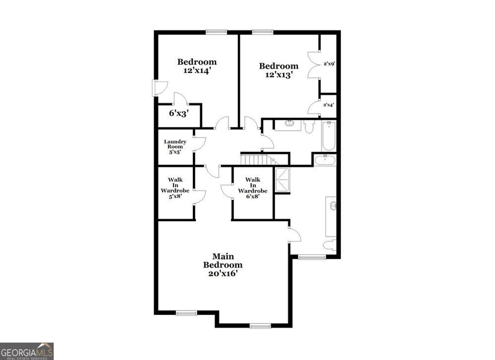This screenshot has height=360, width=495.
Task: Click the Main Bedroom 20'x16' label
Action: [223, 265]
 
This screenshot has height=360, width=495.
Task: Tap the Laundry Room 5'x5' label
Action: [175, 147]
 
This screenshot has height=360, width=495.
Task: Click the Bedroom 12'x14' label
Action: [197, 66]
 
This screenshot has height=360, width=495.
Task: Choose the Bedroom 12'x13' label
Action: [278, 70]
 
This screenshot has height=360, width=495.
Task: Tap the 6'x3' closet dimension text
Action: [178, 113]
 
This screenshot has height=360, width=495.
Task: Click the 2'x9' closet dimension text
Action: [329, 63]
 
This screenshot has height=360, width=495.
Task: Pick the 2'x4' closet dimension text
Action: [329, 105]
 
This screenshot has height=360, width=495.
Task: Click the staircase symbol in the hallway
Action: [255, 160]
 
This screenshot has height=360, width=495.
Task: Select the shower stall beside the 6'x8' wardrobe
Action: [282, 180]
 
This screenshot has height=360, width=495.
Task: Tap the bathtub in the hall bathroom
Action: [329, 136]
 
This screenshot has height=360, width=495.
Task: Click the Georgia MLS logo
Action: [27, 351]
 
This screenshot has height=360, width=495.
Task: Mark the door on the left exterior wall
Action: [159, 88]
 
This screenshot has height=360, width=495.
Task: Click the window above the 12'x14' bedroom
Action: [216, 32]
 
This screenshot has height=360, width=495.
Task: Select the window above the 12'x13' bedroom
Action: [262, 32]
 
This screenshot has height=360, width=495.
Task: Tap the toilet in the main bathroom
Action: [330, 245]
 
